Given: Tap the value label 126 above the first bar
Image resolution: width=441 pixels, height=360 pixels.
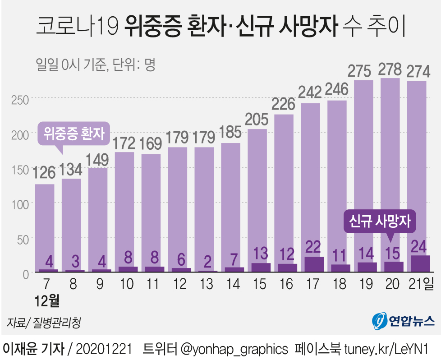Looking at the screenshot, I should coord(44,173).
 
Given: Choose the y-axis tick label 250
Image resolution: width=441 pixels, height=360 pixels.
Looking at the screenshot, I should coord(19,99).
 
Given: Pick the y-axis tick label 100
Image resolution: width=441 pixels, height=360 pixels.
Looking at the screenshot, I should coord(19,203).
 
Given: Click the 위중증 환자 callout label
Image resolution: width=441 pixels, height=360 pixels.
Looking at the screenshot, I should coord(74,133).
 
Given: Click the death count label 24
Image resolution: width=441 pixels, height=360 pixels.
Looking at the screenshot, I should coord(417,246).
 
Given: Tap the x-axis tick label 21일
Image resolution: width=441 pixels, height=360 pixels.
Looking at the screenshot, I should coord(420,284).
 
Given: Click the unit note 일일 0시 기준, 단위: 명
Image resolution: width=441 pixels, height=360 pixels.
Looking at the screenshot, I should coord(95,65).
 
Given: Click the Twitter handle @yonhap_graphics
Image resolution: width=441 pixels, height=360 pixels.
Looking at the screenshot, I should coord(234,349).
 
